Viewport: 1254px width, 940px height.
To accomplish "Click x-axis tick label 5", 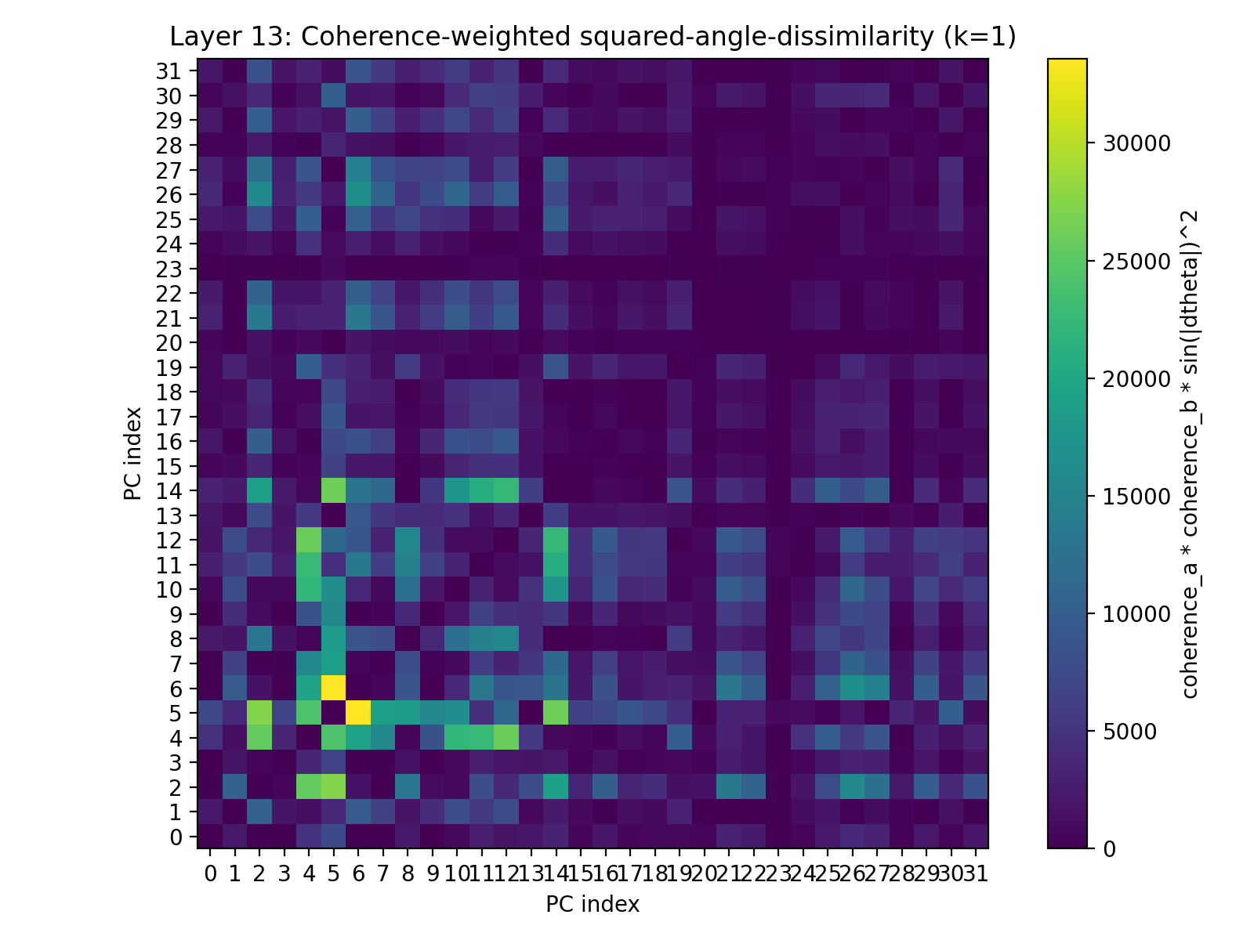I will [333, 872].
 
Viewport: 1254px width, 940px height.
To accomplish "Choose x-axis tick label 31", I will [975, 872].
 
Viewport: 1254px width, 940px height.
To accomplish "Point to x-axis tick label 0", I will [210, 872].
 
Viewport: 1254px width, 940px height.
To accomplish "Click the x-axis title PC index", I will [593, 905].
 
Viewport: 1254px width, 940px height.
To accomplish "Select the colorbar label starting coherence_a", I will [1189, 454].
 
